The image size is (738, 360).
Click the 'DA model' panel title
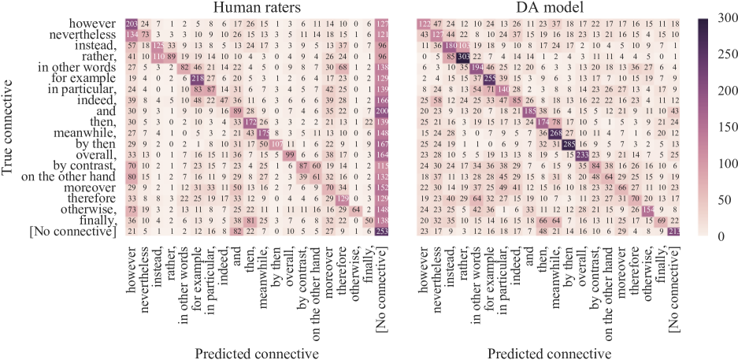point(551,9)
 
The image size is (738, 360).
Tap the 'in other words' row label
point(78,69)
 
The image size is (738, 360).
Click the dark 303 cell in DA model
point(463,58)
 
